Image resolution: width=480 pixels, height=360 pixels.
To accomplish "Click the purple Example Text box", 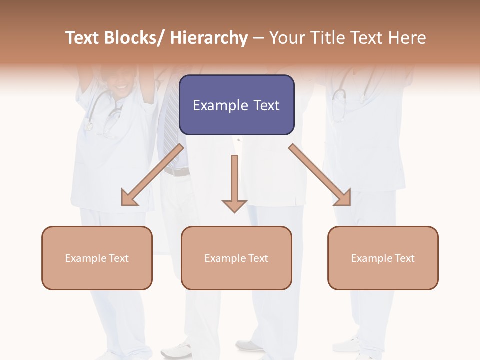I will [x=236, y=105].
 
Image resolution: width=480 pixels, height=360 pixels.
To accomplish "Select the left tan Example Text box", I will [x=97, y=258].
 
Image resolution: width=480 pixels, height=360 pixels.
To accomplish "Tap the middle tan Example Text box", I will [x=236, y=258].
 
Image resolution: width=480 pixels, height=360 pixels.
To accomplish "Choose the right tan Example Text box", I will [x=383, y=258].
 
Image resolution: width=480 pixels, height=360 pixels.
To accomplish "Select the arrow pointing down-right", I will [x=320, y=175].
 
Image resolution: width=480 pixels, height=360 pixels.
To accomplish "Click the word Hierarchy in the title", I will [x=209, y=38].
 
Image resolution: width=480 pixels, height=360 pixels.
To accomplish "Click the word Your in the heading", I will [x=287, y=38].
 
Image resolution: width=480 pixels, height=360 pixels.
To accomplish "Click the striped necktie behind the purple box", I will [x=171, y=125].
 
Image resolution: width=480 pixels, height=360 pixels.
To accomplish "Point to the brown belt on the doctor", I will [x=177, y=171].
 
